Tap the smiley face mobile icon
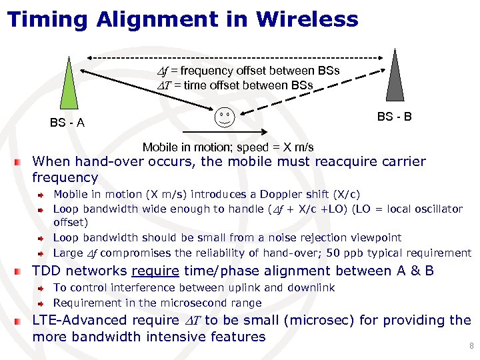[225, 118]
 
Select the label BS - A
[67, 123]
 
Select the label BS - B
[394, 117]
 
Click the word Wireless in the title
[307, 19]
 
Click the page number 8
[471, 346]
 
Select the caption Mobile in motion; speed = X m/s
[228, 147]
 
